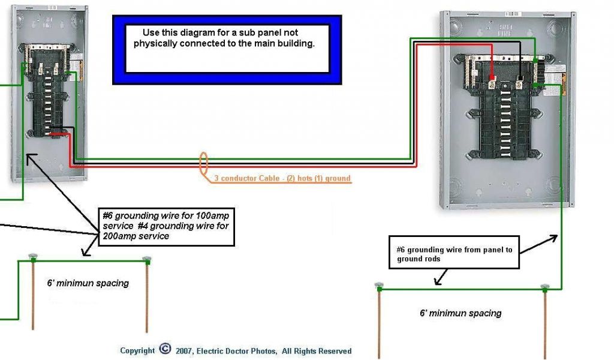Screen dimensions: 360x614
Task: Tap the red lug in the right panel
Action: [491, 78]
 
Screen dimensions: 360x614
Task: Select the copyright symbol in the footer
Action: [165, 350]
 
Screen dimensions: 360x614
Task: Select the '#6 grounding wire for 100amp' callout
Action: [165, 225]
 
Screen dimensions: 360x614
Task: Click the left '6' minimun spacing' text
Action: [88, 283]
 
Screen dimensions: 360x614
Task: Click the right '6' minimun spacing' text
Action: [460, 313]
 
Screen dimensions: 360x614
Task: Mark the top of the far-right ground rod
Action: [544, 288]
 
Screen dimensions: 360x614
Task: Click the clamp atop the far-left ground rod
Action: [33, 257]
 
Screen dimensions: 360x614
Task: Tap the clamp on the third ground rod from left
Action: [379, 287]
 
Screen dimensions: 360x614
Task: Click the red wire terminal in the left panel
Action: [55, 133]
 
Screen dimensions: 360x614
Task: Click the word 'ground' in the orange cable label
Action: [338, 178]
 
